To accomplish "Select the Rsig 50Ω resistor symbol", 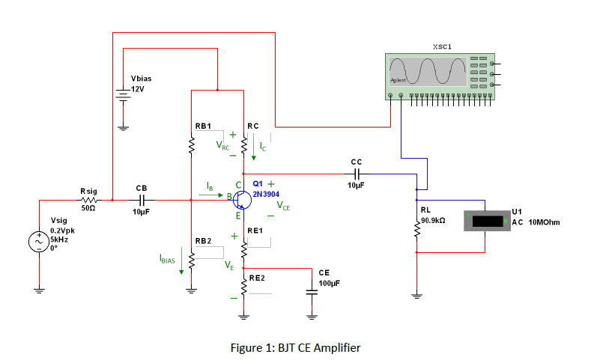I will tap(88, 201).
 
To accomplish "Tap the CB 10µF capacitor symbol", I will tap(141, 201).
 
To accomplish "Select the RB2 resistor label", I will tap(203, 240).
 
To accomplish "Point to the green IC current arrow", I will tap(255, 153).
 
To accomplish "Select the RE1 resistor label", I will tap(254, 231).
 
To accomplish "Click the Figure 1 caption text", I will tap(297, 347).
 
